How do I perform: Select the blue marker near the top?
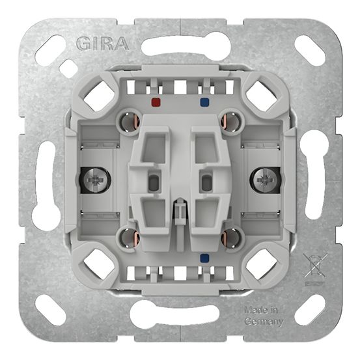(206, 102)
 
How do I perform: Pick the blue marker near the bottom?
(206, 256)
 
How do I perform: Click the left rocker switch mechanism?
(153, 179)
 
